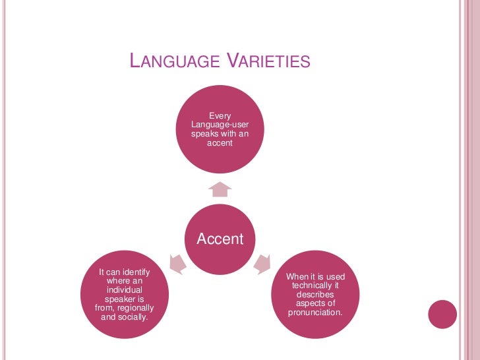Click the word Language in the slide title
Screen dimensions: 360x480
(x=175, y=62)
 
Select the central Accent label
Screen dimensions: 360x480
(x=220, y=239)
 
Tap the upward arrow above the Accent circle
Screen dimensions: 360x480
(x=220, y=189)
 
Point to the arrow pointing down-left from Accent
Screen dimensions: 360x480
(x=177, y=264)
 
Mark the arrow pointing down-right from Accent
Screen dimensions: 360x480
(x=262, y=263)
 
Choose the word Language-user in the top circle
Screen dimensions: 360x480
(x=220, y=125)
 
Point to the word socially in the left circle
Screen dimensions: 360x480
(x=132, y=317)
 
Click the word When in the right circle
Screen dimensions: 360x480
(x=299, y=276)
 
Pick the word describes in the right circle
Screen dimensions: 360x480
(x=315, y=294)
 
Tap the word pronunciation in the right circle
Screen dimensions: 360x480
(x=315, y=312)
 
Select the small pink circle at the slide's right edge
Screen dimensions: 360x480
(x=442, y=315)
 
